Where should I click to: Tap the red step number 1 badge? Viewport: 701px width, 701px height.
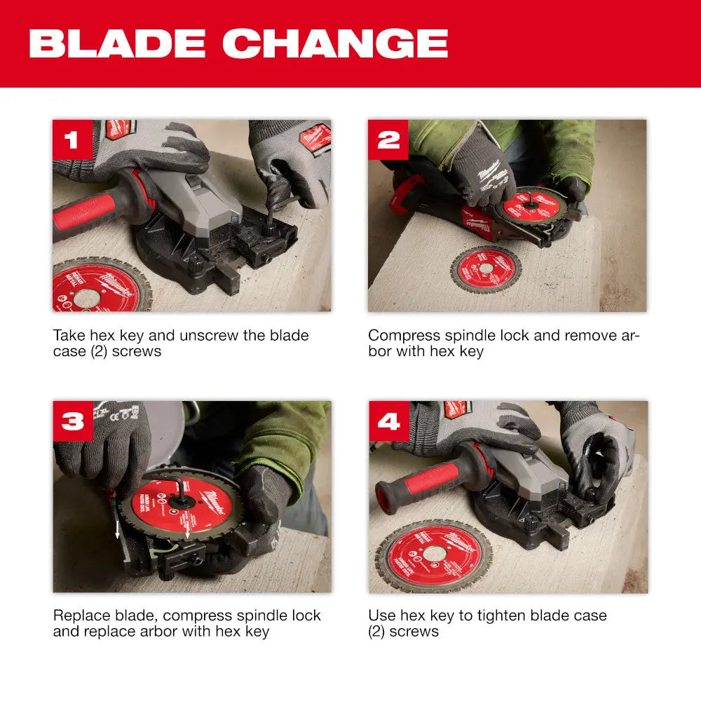pos(72,139)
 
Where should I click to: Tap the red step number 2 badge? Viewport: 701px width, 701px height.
pos(388,139)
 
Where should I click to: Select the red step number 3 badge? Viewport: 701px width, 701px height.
pos(72,421)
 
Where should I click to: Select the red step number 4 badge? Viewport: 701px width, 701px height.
pos(388,421)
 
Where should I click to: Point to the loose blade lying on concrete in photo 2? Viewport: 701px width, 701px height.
pos(484,269)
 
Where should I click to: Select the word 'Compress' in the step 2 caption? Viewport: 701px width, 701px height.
pos(403,336)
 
